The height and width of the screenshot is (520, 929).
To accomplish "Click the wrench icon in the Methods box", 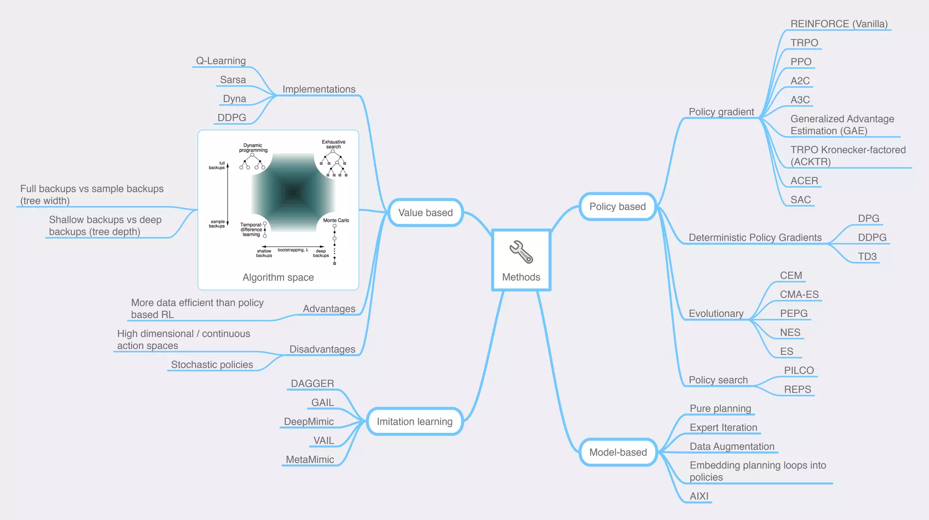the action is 521,252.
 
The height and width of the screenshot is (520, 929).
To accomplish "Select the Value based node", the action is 425,212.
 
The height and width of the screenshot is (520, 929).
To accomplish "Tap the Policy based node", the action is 617,206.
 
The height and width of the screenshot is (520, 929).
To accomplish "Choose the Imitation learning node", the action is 415,422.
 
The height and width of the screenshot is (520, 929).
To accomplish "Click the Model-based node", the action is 618,452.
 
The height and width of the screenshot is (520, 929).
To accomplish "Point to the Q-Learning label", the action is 221,61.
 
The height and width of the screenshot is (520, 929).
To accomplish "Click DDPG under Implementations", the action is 232,118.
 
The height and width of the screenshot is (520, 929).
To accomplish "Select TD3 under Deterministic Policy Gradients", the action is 867,256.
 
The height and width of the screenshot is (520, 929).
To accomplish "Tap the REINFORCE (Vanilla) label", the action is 839,24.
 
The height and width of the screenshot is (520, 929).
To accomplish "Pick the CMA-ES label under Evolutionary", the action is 799,294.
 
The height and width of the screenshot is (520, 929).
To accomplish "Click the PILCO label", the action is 799,370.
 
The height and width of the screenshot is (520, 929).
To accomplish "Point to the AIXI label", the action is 699,496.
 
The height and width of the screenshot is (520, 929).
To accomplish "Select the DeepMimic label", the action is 309,422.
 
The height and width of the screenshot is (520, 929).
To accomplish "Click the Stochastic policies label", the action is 212,364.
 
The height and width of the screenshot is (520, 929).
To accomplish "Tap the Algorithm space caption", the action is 278,277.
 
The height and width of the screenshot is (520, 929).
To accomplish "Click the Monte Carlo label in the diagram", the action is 336,220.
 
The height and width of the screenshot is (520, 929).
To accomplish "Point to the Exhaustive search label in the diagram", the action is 333,144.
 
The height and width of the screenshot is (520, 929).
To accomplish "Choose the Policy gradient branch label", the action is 721,112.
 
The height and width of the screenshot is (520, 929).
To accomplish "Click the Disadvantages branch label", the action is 323,349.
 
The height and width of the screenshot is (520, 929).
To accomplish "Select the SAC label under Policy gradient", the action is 801,200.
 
